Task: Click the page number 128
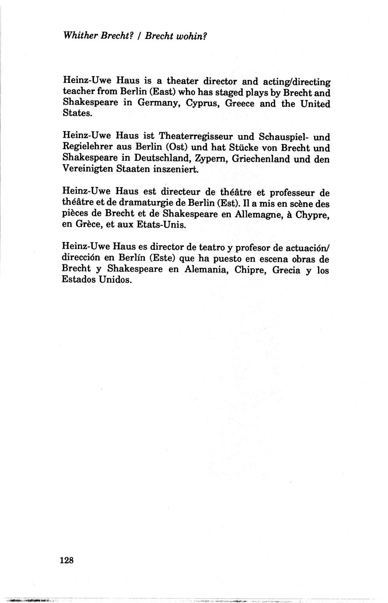67,560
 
